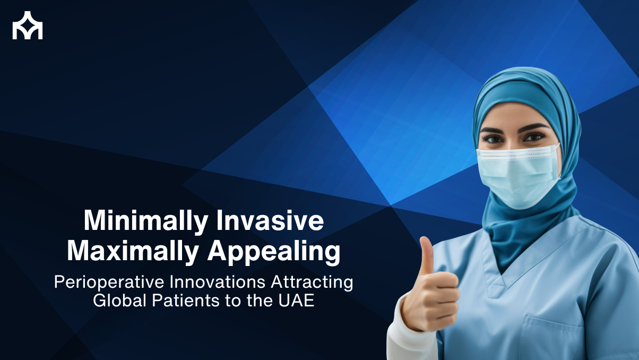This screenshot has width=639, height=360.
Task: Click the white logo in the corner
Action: (28, 25)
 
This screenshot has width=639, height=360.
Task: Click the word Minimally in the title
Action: (146, 221)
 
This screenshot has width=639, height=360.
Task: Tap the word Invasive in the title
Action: (270, 220)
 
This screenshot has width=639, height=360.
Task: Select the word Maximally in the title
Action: (133, 251)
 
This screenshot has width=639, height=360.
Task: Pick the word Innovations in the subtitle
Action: (218, 282)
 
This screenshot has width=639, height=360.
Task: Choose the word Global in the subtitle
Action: (120, 301)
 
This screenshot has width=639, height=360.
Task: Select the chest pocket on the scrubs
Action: (551, 337)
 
